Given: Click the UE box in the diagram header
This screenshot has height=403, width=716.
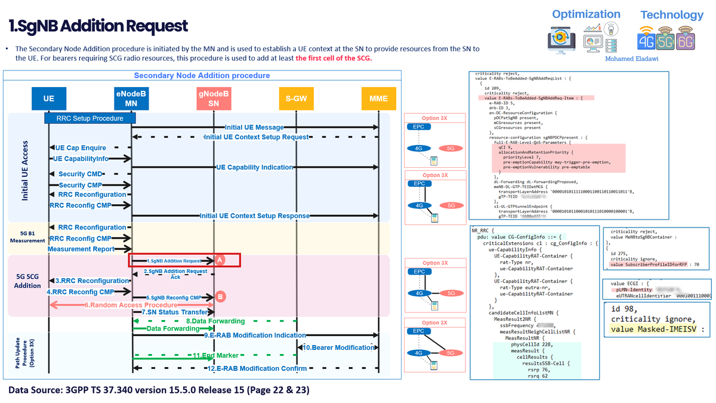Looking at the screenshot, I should (48, 99).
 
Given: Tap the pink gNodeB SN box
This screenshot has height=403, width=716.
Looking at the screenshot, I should (213, 99).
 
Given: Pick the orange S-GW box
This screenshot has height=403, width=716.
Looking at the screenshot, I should (295, 99).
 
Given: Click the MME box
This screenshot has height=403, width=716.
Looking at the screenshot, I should (378, 99).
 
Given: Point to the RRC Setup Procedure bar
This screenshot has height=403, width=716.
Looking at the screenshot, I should (89, 118).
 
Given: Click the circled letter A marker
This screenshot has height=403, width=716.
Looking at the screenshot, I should (220, 260).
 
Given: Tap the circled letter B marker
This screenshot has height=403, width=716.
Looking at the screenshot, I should (221, 296).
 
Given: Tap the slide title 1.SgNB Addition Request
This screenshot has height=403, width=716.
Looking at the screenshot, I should (98, 26).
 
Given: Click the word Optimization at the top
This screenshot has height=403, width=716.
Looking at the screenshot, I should (586, 14).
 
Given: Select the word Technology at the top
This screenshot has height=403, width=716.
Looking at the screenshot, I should (671, 15).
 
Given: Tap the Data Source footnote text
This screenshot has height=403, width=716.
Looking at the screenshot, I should (159, 390).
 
